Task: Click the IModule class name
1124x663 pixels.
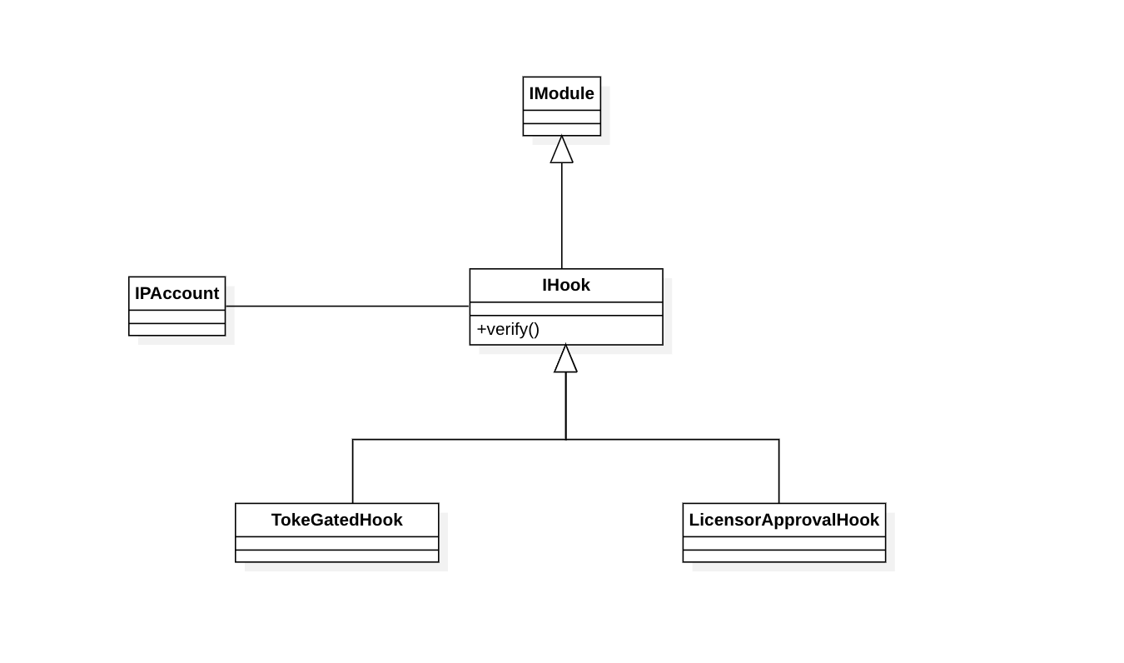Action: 561,93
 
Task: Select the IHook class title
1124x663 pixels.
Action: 566,285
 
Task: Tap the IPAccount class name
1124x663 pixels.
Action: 177,293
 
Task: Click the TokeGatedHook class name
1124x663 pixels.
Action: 336,520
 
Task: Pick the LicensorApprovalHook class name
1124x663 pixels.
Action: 783,520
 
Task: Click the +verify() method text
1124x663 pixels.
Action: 508,330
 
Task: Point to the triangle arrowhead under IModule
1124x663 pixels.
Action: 561,150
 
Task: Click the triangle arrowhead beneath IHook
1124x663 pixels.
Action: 565,358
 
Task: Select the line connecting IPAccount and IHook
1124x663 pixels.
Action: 347,307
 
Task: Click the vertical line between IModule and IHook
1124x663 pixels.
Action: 561,216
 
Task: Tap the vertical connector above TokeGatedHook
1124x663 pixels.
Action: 353,471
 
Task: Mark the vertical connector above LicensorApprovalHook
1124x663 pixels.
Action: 778,471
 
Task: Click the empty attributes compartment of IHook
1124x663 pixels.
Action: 566,309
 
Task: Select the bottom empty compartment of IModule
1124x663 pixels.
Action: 561,129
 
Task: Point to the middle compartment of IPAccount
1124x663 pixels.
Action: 177,317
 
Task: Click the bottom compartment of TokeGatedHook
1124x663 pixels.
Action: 336,556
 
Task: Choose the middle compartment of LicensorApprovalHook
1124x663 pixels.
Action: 783,544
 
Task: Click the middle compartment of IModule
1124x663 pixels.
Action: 561,117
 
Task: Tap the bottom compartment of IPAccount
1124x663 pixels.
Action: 177,329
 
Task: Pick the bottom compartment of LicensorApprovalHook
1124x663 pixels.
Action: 783,556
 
